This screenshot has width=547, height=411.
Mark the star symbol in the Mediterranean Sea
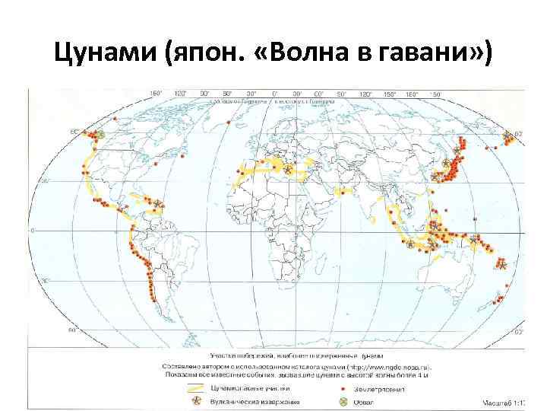click(288, 170)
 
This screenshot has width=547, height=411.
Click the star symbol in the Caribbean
click(158, 203)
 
